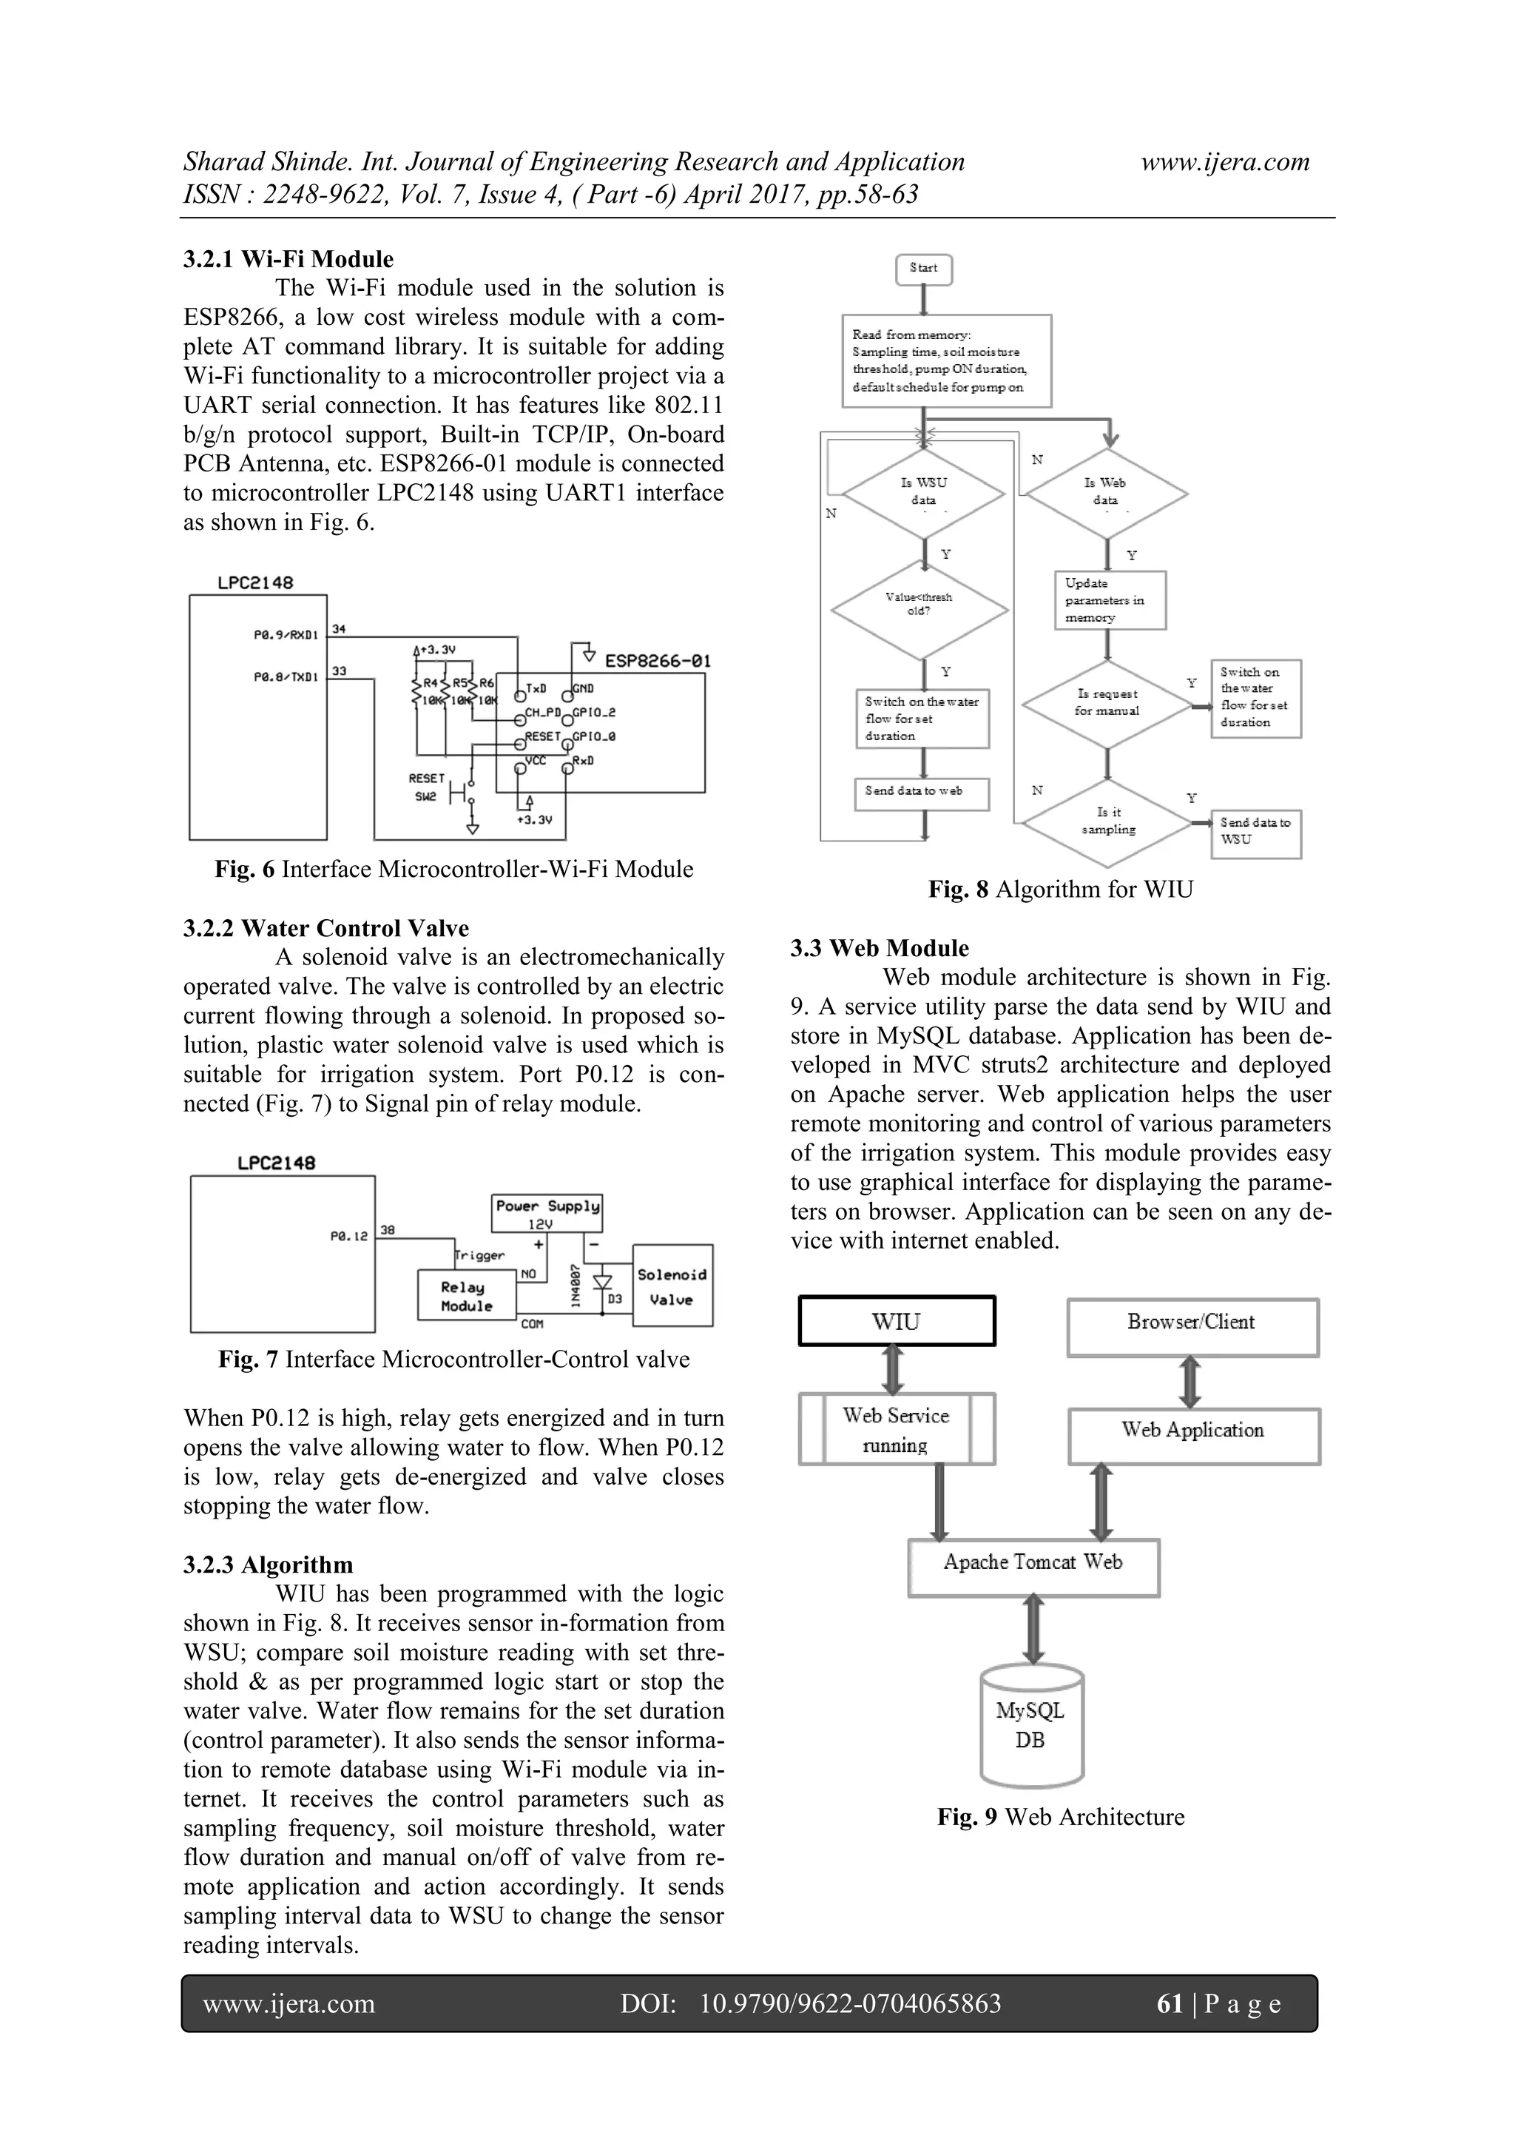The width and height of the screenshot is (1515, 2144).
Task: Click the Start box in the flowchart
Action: (923, 269)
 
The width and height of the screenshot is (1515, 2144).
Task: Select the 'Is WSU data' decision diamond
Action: (923, 493)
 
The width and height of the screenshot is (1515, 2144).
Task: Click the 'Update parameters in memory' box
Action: (1110, 600)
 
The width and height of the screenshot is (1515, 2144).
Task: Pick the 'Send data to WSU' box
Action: (1255, 832)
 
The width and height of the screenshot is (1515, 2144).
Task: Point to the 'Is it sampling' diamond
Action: (1108, 821)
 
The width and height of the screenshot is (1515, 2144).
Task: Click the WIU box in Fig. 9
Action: (896, 1321)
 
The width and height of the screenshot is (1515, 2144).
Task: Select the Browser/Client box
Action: (1192, 1326)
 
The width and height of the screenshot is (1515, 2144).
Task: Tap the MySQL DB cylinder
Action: (1031, 1727)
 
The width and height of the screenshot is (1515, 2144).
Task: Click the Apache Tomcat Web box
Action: (1033, 1567)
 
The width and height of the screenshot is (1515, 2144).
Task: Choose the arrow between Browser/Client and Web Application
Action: (1190, 1383)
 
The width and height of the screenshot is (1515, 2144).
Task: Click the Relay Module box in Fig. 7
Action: (467, 1296)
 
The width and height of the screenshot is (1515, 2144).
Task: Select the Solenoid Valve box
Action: (672, 1286)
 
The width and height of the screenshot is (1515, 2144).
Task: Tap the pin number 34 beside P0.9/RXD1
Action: (339, 628)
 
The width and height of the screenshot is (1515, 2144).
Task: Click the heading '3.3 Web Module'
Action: (880, 948)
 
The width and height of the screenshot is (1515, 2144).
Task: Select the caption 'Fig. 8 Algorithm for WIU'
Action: (1060, 889)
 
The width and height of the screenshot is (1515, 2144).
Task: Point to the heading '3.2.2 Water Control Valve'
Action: (325, 928)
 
